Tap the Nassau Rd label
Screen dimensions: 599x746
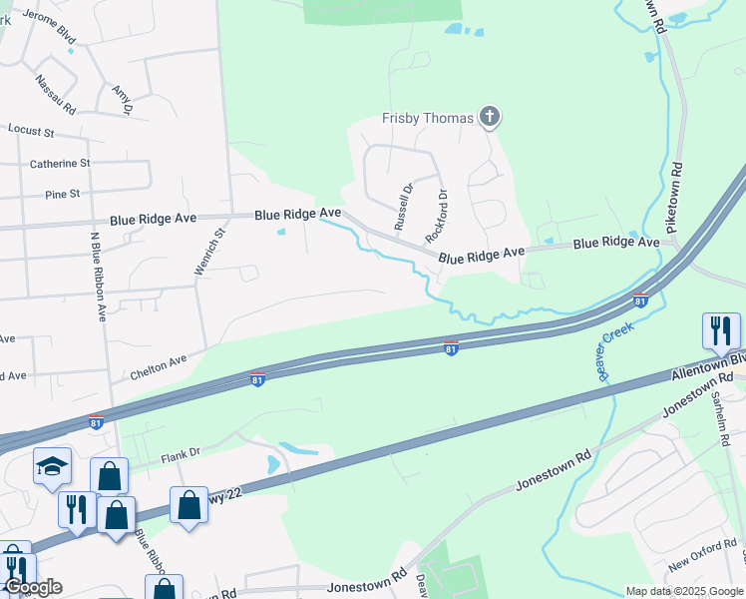click(x=55, y=94)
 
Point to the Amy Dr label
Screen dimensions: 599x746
click(x=123, y=99)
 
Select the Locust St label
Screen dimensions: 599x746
click(x=29, y=130)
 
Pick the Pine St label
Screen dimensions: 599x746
click(x=62, y=194)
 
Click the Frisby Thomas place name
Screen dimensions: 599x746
click(x=427, y=119)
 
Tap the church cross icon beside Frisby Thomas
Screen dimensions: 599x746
click(x=489, y=118)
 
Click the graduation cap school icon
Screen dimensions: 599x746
click(x=52, y=466)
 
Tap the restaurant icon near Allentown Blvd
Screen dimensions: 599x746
click(x=720, y=329)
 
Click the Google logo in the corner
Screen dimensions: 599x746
click(x=33, y=587)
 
